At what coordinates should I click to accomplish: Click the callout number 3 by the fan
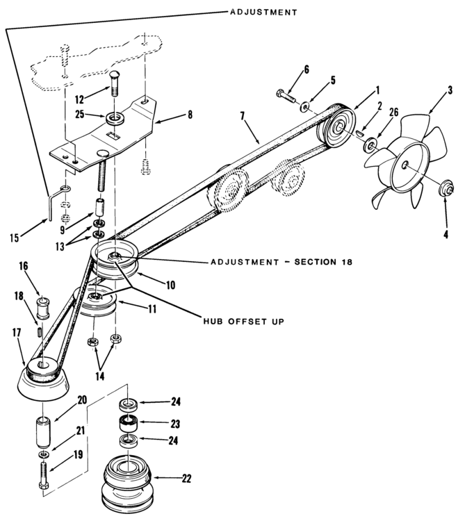pos(450,90)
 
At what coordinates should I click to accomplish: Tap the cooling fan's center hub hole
pos(405,165)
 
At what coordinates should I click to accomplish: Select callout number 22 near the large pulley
pos(186,479)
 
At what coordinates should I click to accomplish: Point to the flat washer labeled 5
pos(305,107)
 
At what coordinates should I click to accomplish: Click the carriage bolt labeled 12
pos(114,83)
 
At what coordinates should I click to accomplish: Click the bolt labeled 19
pos(44,476)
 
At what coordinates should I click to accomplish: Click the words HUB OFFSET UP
pos(244,322)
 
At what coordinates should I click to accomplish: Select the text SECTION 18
pos(323,262)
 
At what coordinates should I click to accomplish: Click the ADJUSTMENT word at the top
pos(263,13)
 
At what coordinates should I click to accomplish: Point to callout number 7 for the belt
pos(243,116)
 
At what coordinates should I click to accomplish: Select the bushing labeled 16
pos(43,308)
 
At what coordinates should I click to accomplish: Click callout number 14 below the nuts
pos(99,376)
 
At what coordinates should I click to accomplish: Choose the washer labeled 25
pos(115,118)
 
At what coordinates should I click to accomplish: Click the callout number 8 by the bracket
pos(190,115)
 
